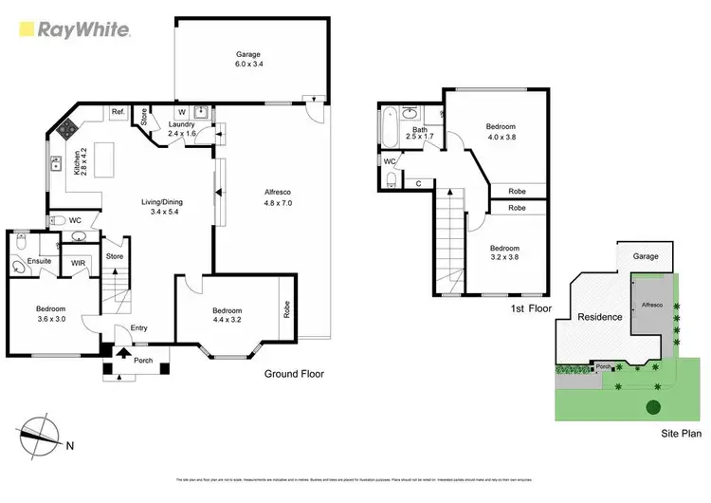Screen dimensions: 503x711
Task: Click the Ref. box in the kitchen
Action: point(118,113)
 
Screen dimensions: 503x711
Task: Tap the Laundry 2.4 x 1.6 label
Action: point(181,129)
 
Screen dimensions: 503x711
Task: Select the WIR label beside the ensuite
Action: point(79,264)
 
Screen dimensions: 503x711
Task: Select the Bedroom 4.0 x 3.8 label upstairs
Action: point(501,131)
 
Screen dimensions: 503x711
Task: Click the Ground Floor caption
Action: point(293,374)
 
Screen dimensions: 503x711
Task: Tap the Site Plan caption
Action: point(681,432)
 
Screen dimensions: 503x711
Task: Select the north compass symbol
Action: point(44,432)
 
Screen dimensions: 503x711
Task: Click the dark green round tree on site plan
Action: point(653,408)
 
